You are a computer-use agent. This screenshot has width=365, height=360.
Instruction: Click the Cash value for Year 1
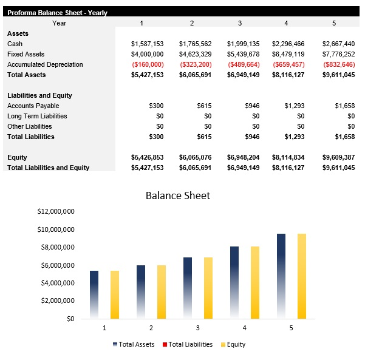(x=147, y=44)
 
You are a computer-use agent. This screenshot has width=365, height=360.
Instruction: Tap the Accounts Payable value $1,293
(x=294, y=106)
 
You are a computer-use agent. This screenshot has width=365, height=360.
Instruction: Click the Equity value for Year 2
(x=195, y=157)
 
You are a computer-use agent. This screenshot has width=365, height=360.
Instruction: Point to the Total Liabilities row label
(x=31, y=137)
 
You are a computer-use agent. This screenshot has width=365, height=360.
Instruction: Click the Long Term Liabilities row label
(x=37, y=116)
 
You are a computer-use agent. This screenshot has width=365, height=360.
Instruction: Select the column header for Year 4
(x=286, y=23)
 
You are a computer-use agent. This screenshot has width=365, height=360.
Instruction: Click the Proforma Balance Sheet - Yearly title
(x=57, y=12)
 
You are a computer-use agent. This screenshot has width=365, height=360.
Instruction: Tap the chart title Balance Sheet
(x=178, y=195)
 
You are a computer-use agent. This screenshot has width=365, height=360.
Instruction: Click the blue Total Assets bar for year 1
(x=94, y=294)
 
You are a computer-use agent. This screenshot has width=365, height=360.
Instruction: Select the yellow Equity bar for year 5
(x=302, y=276)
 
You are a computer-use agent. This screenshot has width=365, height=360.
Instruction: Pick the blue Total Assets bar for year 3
(x=188, y=288)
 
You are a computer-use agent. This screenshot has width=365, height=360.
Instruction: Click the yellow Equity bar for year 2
(x=162, y=291)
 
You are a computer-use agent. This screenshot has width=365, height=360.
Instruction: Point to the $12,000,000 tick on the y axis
(x=55, y=212)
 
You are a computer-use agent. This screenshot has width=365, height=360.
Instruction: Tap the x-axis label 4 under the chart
(x=245, y=328)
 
